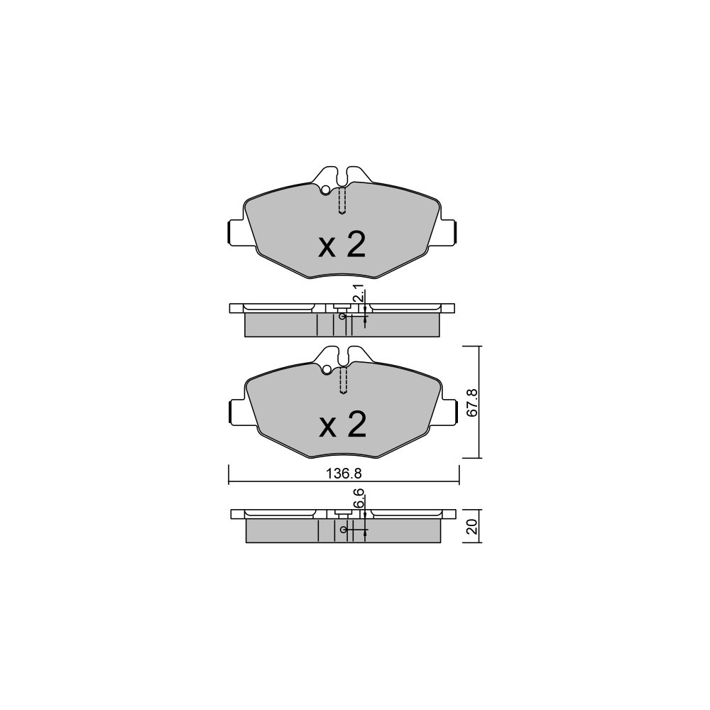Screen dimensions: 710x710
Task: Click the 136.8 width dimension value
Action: (344, 474)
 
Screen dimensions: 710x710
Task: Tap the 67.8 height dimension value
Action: (472, 402)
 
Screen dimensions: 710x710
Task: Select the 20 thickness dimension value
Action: (472, 527)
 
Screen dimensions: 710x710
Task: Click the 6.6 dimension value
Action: (359, 498)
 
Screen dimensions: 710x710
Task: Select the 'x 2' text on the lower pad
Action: (342, 425)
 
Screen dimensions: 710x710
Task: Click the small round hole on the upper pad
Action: (324, 191)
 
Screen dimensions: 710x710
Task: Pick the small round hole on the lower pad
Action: (326, 370)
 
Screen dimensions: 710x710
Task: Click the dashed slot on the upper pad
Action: (342, 201)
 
